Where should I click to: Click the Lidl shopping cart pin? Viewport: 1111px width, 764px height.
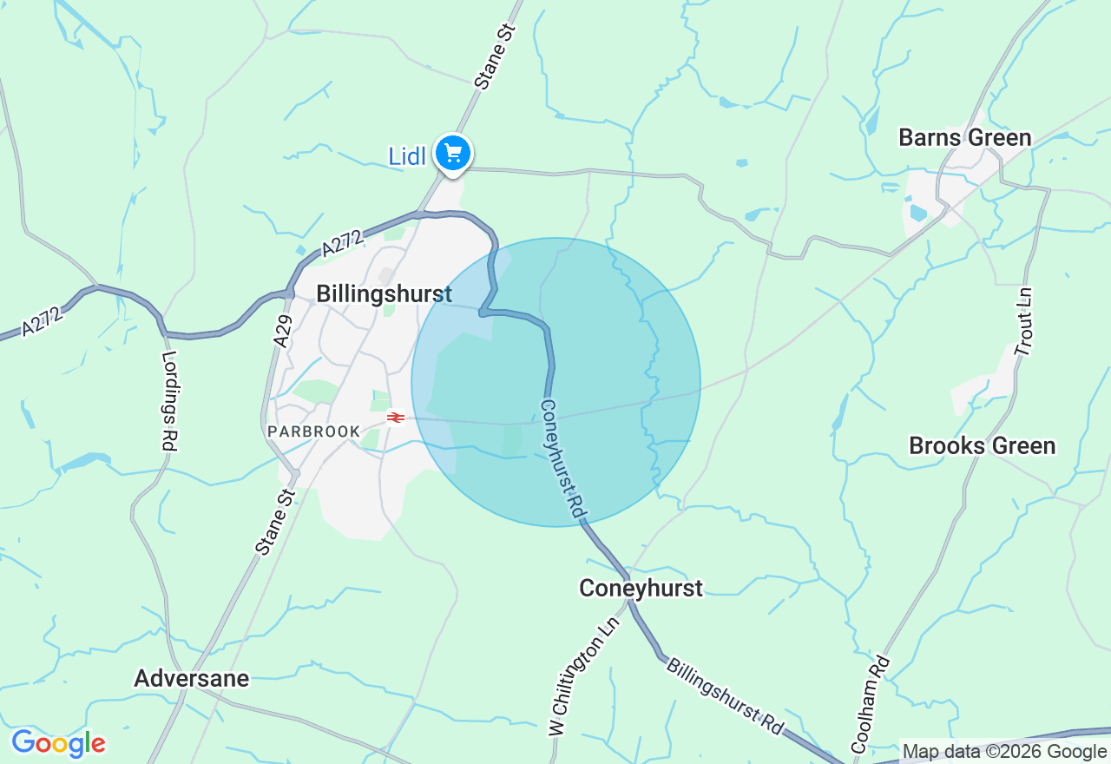452,154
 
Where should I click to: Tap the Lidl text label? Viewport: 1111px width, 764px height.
406,157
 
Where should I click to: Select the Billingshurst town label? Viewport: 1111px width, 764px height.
384,293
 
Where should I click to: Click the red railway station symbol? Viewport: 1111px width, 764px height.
396,418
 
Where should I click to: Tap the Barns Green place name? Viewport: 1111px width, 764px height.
964,137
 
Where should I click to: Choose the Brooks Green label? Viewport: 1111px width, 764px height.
982,445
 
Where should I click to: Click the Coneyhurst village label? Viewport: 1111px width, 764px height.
641,588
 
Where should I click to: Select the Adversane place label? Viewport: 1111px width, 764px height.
191,678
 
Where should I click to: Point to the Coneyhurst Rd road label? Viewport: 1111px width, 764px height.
562,460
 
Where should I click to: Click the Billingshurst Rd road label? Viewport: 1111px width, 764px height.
725,694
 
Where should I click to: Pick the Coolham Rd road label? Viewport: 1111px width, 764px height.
871,704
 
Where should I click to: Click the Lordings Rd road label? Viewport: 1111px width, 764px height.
169,400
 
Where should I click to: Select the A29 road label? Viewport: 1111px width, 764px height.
282,331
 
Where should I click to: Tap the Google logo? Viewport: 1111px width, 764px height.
58,743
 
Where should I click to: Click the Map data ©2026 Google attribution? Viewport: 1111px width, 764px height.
1004,752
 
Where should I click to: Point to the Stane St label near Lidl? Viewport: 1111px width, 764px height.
496,56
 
